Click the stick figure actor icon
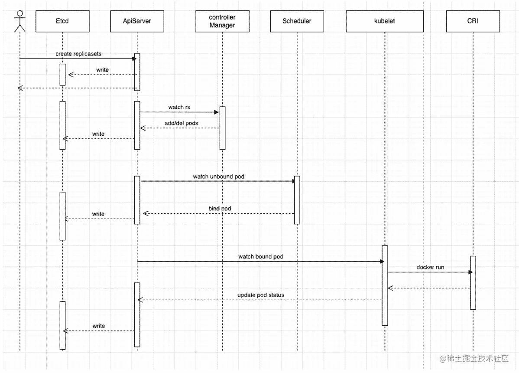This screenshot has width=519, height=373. click(20, 21)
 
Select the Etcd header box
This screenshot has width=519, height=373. click(62, 21)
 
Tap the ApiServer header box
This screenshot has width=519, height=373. click(137, 21)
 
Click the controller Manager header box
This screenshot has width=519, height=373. click(222, 21)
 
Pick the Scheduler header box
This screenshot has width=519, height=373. click(297, 21)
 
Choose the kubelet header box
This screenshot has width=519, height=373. click(385, 21)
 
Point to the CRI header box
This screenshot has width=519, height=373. click(473, 21)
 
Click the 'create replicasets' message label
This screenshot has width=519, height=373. click(78, 54)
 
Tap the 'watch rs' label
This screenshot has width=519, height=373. click(179, 107)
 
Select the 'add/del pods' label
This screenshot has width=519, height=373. click(182, 123)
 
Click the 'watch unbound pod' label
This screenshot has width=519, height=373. click(218, 177)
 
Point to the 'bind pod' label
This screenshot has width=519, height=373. click(220, 208)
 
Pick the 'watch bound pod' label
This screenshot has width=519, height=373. click(261, 256)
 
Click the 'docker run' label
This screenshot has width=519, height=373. click(430, 267)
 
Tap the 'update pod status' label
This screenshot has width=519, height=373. click(261, 295)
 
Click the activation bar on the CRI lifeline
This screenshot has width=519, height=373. click(473, 283)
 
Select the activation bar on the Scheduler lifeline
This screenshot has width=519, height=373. click(297, 200)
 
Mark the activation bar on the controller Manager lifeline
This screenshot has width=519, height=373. click(222, 128)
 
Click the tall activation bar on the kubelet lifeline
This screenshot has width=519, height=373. click(385, 285)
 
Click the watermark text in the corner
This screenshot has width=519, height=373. click(474, 358)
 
